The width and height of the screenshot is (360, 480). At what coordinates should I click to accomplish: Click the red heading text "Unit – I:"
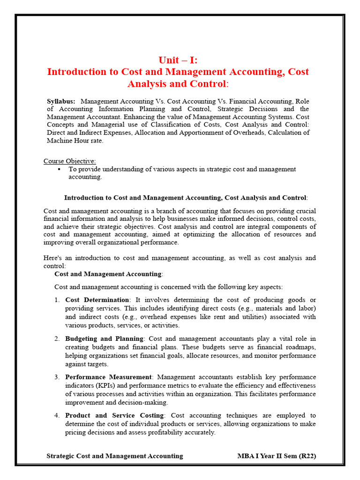[178, 60]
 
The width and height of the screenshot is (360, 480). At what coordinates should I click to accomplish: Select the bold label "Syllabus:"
[61, 101]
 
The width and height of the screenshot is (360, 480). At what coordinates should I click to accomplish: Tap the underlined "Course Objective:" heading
[70, 161]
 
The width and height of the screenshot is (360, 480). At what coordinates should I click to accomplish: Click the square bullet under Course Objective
[60, 169]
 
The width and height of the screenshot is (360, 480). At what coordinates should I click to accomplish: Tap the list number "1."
[57, 300]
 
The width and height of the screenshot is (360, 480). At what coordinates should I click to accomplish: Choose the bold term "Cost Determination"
[97, 300]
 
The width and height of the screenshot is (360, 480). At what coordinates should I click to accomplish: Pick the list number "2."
[57, 338]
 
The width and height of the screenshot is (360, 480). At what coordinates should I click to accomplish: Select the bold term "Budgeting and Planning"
[104, 338]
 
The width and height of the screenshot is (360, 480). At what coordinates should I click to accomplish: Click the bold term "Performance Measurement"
[108, 377]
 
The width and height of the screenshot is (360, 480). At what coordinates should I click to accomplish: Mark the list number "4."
[57, 415]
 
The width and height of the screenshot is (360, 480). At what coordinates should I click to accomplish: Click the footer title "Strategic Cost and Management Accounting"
[115, 456]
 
